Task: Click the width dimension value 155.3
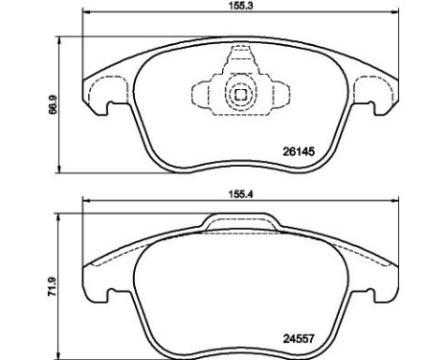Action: pyautogui.click(x=237, y=7)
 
